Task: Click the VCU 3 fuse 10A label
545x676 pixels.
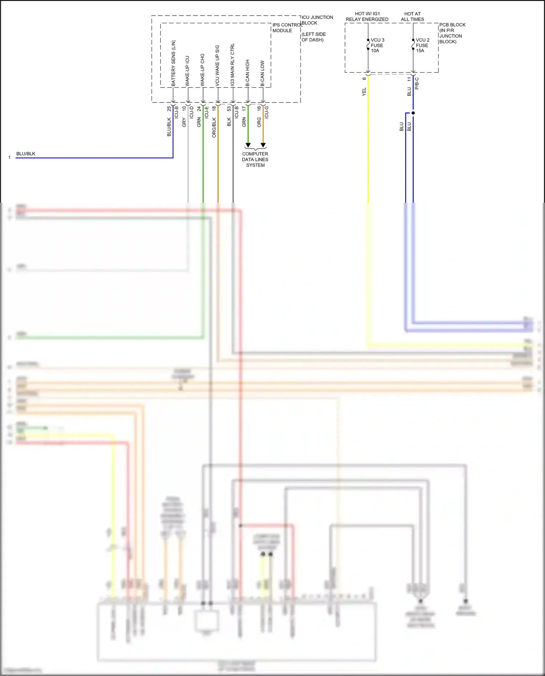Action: point(377,45)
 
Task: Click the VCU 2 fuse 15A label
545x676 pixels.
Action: point(422,45)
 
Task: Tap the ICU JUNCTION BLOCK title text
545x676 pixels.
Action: point(317,20)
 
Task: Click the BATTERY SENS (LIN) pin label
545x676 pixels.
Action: point(173,63)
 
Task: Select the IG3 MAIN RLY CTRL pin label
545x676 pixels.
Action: point(233,65)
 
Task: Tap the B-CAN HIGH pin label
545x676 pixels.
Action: point(247,73)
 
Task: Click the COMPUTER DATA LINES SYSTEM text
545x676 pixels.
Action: point(255,159)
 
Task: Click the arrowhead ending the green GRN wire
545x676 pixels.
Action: point(248,145)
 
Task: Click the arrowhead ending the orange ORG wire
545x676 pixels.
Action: point(263,145)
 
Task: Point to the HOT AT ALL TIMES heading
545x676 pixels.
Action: point(412,16)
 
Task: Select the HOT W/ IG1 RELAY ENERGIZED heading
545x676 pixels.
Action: point(367,16)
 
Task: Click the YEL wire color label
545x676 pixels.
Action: point(364,92)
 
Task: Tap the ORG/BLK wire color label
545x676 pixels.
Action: point(214,127)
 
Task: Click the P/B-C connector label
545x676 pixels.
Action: point(417,84)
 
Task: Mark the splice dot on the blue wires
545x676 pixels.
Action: point(413,113)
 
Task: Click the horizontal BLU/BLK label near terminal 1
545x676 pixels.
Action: point(26,154)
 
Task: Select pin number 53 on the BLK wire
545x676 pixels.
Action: point(229,108)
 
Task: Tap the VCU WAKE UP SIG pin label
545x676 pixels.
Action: point(217,66)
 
